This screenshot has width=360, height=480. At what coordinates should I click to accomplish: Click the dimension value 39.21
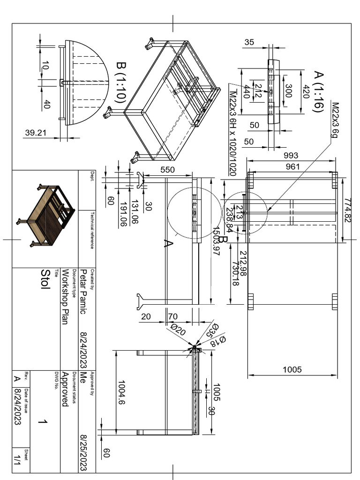pyautogui.click(x=36, y=133)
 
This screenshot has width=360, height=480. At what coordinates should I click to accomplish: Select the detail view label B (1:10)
pyautogui.click(x=121, y=83)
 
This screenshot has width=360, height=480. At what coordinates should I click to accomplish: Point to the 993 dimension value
pyautogui.click(x=292, y=156)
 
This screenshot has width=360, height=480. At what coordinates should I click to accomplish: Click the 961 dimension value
pyautogui.click(x=292, y=166)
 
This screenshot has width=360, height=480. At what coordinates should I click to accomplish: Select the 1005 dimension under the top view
pyautogui.click(x=292, y=370)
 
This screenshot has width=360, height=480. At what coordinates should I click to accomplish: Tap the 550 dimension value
pyautogui.click(x=167, y=170)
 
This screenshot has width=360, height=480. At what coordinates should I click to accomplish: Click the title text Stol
pyautogui.click(x=45, y=280)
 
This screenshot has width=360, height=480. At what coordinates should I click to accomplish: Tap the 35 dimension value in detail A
pyautogui.click(x=249, y=42)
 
